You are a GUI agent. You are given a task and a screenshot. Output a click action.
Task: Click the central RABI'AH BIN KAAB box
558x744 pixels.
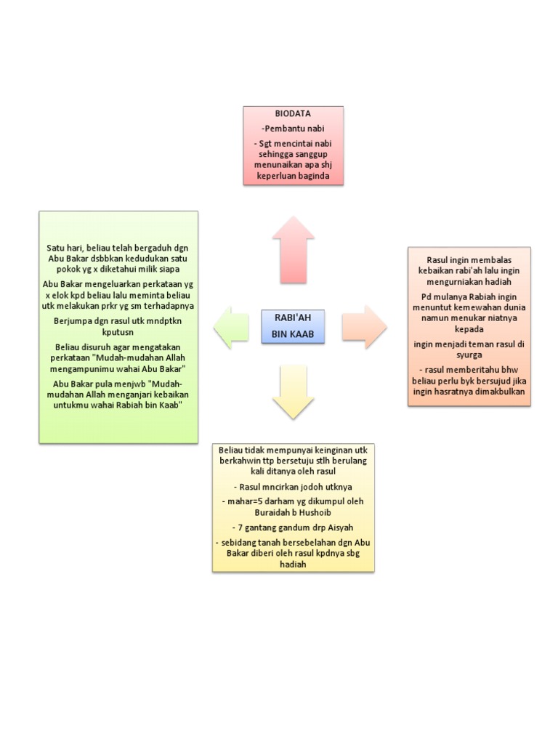point(293,326)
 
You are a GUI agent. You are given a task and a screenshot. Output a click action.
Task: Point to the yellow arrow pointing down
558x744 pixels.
point(293,392)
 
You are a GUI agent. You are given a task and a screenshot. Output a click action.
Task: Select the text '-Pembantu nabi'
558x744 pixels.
point(293,129)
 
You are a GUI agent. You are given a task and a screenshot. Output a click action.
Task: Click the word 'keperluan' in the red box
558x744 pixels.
point(267,177)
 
